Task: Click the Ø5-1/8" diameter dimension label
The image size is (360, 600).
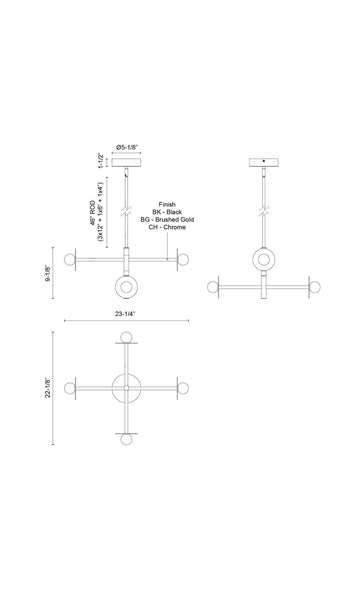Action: click(127, 147)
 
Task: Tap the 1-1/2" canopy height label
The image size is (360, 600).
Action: click(101, 161)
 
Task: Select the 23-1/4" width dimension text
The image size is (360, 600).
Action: click(125, 314)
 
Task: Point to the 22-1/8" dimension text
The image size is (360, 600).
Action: click(47, 388)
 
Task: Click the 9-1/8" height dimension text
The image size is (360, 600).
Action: click(47, 273)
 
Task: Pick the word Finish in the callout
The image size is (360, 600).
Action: click(167, 205)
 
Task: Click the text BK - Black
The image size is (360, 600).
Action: click(167, 212)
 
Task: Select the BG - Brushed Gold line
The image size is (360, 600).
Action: click(167, 220)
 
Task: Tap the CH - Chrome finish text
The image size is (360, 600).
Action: click(167, 227)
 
